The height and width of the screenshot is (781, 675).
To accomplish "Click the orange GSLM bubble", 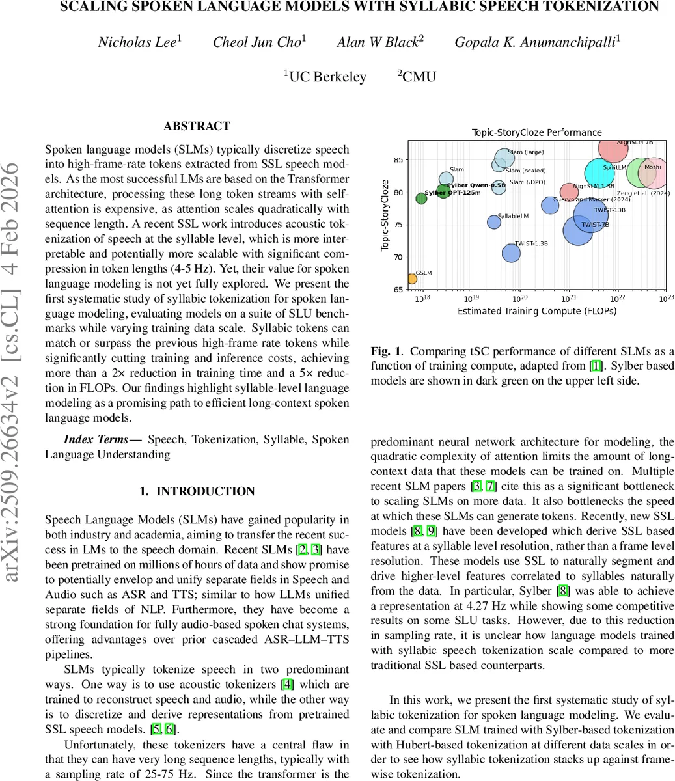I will [411, 279].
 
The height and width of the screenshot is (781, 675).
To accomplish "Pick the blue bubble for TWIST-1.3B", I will [512, 253].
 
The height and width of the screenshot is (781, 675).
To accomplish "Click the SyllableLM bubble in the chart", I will [494, 222].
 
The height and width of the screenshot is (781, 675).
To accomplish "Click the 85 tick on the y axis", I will [397, 160].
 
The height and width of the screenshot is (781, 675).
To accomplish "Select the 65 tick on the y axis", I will [397, 289].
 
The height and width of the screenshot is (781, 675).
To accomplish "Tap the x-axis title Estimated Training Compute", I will [536, 311].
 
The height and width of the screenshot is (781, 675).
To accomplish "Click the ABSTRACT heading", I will [197, 126].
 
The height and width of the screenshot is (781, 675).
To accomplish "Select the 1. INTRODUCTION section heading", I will [197, 491].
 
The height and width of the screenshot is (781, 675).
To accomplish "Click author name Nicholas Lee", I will [139, 42].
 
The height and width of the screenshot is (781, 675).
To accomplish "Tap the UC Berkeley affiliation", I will [325, 77].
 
